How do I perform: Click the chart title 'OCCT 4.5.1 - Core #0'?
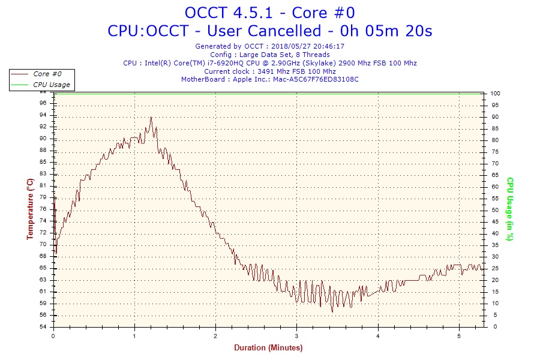(x=270, y=13)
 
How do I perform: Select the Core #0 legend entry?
(x=47, y=74)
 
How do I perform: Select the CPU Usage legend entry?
(x=51, y=85)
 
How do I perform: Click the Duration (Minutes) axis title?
(x=268, y=347)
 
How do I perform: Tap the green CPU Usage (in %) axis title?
(x=509, y=209)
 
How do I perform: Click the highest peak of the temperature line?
(x=151, y=118)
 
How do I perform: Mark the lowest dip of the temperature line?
(x=332, y=311)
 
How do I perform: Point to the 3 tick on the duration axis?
(x=296, y=335)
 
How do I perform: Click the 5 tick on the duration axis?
(x=459, y=335)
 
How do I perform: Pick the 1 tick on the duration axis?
(x=134, y=335)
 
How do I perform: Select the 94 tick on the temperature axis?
(x=43, y=115)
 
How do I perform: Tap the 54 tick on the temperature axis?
(x=43, y=327)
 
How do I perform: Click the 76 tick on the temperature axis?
(x=43, y=209)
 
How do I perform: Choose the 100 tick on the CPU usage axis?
(x=495, y=94)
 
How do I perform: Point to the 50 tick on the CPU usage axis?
(x=494, y=210)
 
